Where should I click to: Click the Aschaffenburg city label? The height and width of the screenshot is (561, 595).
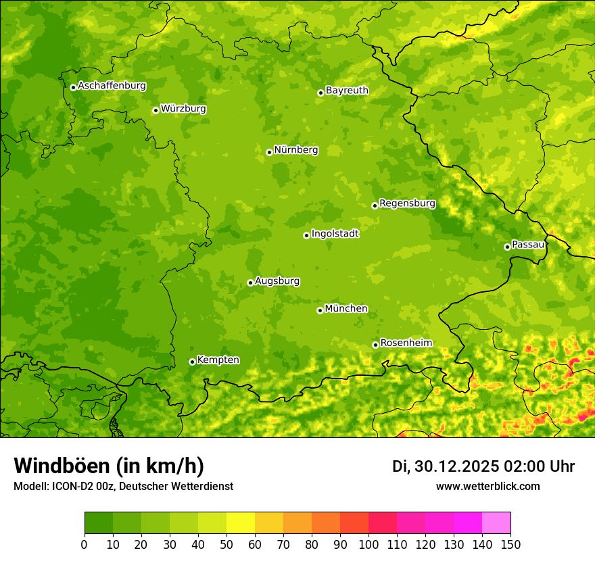[112, 86]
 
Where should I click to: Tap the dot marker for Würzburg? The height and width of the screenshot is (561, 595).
[156, 110]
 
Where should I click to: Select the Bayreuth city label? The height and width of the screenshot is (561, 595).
[347, 90]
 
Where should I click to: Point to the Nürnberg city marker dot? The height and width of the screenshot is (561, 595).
[269, 152]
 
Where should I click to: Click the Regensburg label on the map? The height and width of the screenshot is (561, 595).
[407, 203]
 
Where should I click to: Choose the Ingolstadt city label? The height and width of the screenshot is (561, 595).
[335, 233]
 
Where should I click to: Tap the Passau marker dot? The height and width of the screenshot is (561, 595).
[507, 247]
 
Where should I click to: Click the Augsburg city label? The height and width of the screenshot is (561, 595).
[277, 280]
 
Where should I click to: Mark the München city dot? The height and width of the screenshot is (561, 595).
[320, 310]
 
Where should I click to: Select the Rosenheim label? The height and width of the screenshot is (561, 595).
[406, 343]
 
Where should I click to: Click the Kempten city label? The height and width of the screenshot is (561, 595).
[218, 360]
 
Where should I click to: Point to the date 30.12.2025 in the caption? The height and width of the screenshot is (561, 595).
[456, 466]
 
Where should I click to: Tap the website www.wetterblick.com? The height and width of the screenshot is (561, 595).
[487, 486]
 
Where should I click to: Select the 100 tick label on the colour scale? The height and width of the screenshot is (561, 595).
[368, 544]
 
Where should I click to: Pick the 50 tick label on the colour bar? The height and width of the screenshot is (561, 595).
[227, 544]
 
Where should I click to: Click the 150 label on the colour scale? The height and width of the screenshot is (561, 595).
[510, 544]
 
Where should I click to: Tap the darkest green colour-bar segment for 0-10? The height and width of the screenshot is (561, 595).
[99, 523]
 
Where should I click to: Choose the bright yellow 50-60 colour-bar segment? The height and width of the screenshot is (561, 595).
[241, 523]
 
